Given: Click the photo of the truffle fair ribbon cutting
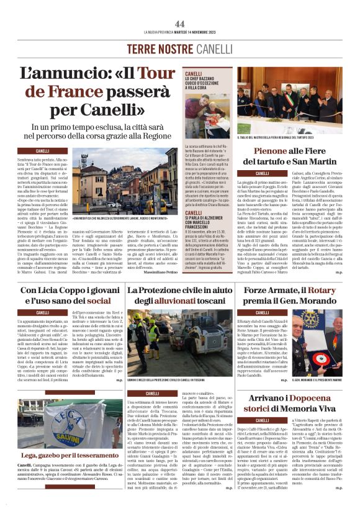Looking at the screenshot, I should point(289,99).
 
